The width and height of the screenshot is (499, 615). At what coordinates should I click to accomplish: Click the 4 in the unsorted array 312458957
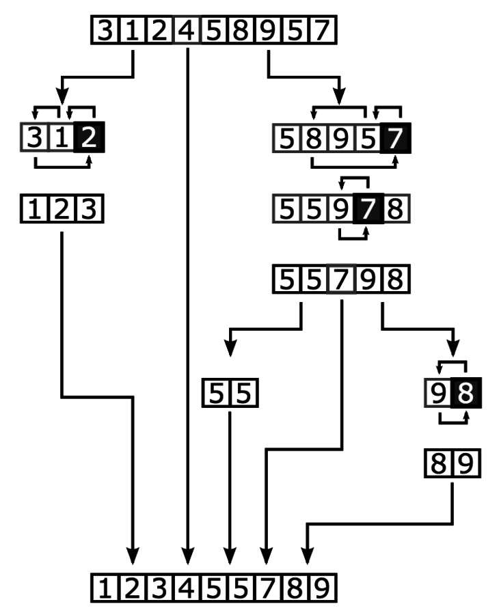[x=187, y=31]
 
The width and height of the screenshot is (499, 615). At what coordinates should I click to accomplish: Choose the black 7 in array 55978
[x=368, y=209]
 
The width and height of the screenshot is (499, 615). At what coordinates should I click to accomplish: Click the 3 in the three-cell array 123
[x=90, y=209]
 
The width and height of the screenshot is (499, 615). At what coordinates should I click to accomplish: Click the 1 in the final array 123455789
[x=105, y=587]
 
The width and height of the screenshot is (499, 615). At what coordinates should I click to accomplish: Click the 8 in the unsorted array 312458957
[x=239, y=31]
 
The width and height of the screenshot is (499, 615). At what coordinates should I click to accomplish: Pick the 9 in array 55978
[x=340, y=209]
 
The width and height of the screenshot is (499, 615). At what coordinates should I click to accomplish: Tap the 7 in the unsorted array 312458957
[x=320, y=31]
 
